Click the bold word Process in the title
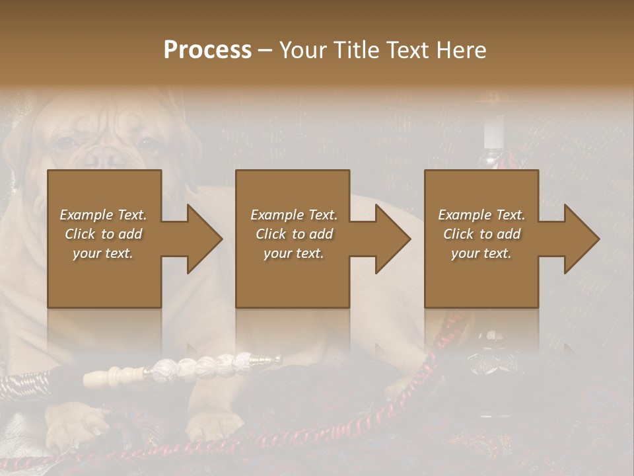point(207,50)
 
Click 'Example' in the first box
point(86,215)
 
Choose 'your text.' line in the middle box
point(293,253)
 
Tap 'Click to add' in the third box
point(481,234)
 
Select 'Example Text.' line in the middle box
point(293,215)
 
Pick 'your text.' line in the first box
point(103,253)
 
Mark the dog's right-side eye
point(148,143)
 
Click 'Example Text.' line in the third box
point(481,215)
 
